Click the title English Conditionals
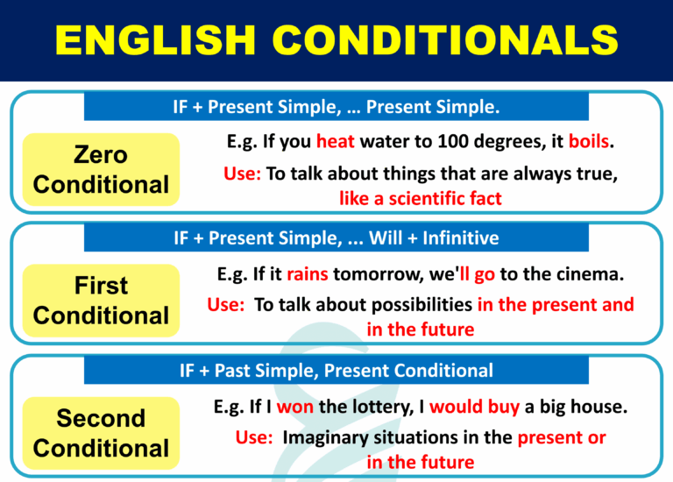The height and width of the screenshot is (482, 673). pos(336,40)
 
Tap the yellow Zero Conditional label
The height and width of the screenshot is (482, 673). pos(101,170)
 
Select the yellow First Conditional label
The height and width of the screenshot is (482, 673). pos(101,301)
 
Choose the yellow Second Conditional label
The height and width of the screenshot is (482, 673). pos(101,433)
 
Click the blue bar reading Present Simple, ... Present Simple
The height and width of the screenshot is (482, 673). pos(336,108)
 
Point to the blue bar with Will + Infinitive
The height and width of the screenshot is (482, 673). pos(336,237)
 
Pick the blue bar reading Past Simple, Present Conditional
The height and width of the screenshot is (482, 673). pos(336,371)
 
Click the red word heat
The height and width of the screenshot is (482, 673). pos(336,141)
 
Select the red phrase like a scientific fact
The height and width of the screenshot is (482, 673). pos(421,198)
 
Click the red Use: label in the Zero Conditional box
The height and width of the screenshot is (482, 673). pos(242,174)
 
